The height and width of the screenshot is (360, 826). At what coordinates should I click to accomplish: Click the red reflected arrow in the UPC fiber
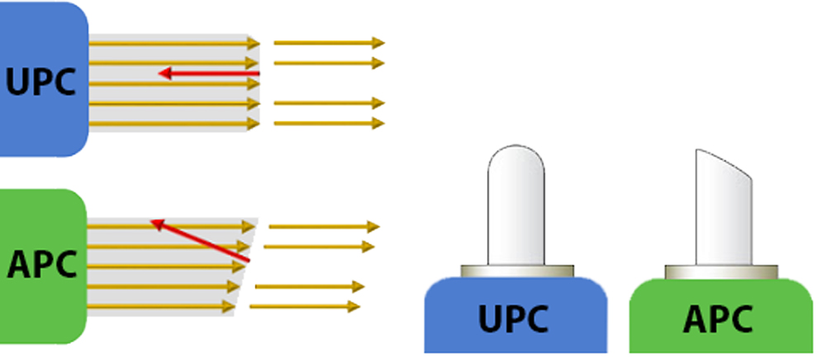[211, 73]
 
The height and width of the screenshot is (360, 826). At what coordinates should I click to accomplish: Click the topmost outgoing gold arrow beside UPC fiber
[329, 42]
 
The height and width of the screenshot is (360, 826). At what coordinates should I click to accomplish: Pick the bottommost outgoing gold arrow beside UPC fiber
[329, 123]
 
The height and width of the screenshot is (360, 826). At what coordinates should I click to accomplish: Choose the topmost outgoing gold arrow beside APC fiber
[323, 225]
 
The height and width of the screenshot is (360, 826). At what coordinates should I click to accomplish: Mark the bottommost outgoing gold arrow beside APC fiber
[305, 306]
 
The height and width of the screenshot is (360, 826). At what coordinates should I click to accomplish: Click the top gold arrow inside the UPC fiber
[173, 43]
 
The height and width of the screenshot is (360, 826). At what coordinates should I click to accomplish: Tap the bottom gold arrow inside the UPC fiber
[173, 124]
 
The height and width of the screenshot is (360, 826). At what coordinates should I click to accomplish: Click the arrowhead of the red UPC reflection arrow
[164, 73]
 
